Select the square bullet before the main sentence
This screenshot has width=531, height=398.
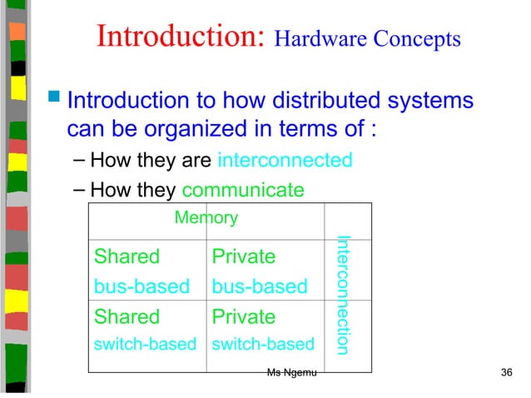pyautogui.click(x=55, y=102)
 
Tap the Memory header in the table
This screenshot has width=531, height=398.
pyautogui.click(x=206, y=219)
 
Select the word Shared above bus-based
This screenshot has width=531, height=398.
pyautogui.click(x=127, y=256)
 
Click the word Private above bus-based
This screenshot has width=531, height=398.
pyautogui.click(x=244, y=256)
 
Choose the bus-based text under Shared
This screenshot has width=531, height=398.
pyautogui.click(x=141, y=287)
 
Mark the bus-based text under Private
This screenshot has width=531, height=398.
pyautogui.click(x=260, y=287)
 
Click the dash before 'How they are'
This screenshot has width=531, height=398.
pyautogui.click(x=78, y=159)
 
